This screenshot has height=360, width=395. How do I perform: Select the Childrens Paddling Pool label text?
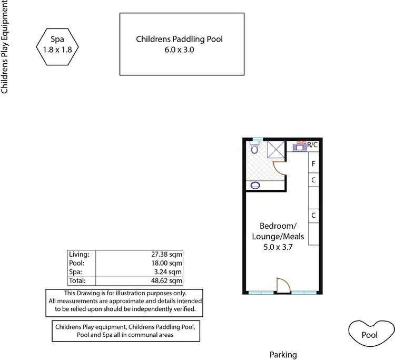click(183, 39)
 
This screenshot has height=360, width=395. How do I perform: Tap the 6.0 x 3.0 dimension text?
click(183, 51)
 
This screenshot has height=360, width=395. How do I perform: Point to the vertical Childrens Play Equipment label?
click(5, 47)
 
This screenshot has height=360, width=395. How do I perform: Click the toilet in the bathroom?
click(254, 149)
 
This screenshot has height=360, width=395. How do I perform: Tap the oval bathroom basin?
click(256, 185)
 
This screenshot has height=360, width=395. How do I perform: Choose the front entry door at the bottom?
click(282, 286)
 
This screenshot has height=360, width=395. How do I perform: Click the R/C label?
click(313, 144)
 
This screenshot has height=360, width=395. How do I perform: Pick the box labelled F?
click(313, 163)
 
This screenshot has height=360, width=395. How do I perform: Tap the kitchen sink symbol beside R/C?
click(301, 148)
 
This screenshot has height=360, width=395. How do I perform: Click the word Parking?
click(283, 355)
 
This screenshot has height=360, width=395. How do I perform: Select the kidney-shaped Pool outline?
click(370, 334)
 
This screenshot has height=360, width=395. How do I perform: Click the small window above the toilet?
click(256, 139)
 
